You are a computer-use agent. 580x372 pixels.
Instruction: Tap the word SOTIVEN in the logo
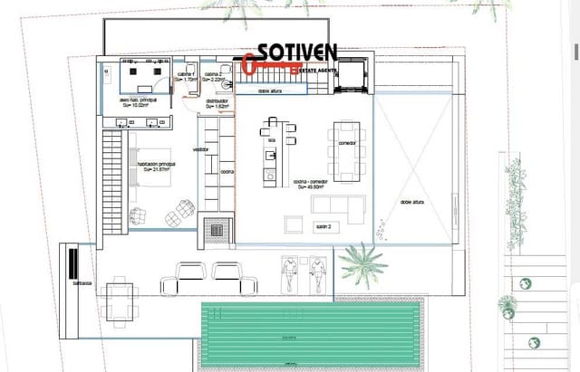(x=298, y=52)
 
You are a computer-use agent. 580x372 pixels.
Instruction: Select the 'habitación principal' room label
(x=155, y=166)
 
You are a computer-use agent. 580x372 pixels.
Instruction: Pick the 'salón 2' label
(x=324, y=225)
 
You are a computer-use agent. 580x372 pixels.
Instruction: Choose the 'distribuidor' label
(x=215, y=102)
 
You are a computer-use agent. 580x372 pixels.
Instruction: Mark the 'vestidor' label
(x=201, y=149)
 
